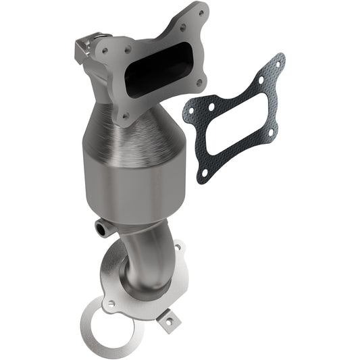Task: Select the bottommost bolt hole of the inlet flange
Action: pos(125,115)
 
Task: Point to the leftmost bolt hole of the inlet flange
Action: pos(105,49)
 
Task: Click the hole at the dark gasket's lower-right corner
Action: pos(270,134)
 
